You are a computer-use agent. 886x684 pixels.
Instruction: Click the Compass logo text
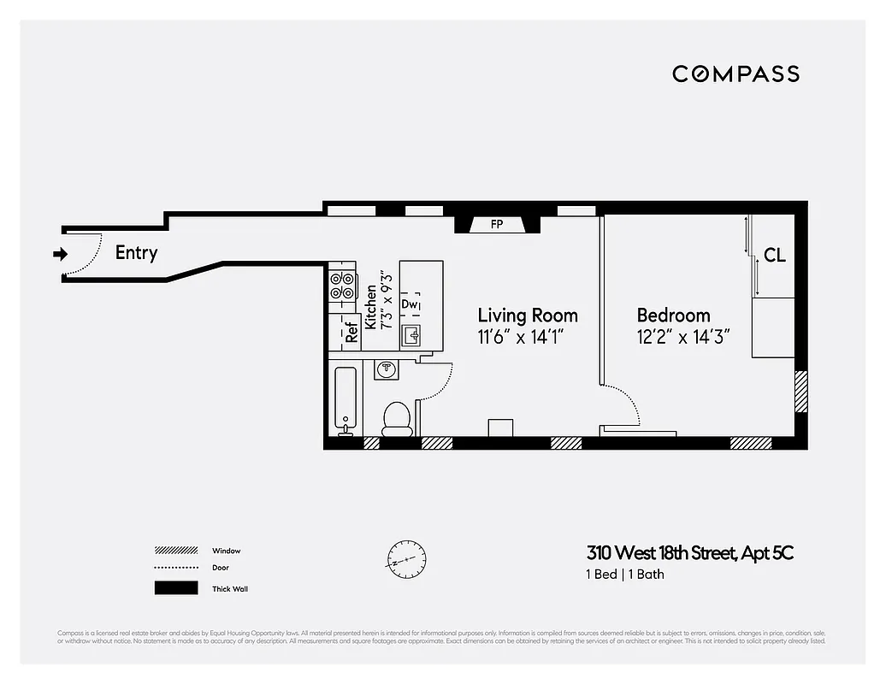point(735,74)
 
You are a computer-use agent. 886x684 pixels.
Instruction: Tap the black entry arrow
point(59,253)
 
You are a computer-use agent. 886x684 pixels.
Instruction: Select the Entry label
point(136,253)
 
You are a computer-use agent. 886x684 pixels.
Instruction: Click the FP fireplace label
point(496,225)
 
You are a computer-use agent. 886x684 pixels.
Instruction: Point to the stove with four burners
point(343,285)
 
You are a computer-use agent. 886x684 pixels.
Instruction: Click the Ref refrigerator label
point(351,333)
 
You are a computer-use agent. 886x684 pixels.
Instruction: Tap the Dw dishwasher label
point(410,304)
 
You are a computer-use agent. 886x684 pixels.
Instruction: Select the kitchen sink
point(413,333)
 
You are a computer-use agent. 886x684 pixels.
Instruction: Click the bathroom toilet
point(396,418)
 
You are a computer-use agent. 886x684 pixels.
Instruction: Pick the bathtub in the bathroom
point(346,401)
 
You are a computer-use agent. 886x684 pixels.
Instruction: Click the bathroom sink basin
point(387,369)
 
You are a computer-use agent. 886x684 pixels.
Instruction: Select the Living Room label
point(527,315)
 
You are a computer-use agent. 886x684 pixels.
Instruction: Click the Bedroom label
point(673,315)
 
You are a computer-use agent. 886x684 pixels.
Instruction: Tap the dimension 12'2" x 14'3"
point(682,337)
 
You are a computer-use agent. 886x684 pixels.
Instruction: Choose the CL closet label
point(774,255)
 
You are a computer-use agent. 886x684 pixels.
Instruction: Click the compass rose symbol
point(406,561)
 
